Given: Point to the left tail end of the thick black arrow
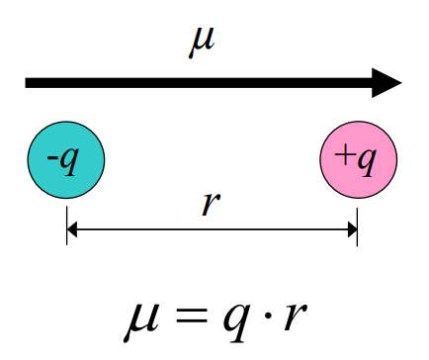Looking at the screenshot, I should click(30, 83).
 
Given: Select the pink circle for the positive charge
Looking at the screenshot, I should click(358, 159).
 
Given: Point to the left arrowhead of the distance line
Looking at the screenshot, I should click(72, 231).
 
